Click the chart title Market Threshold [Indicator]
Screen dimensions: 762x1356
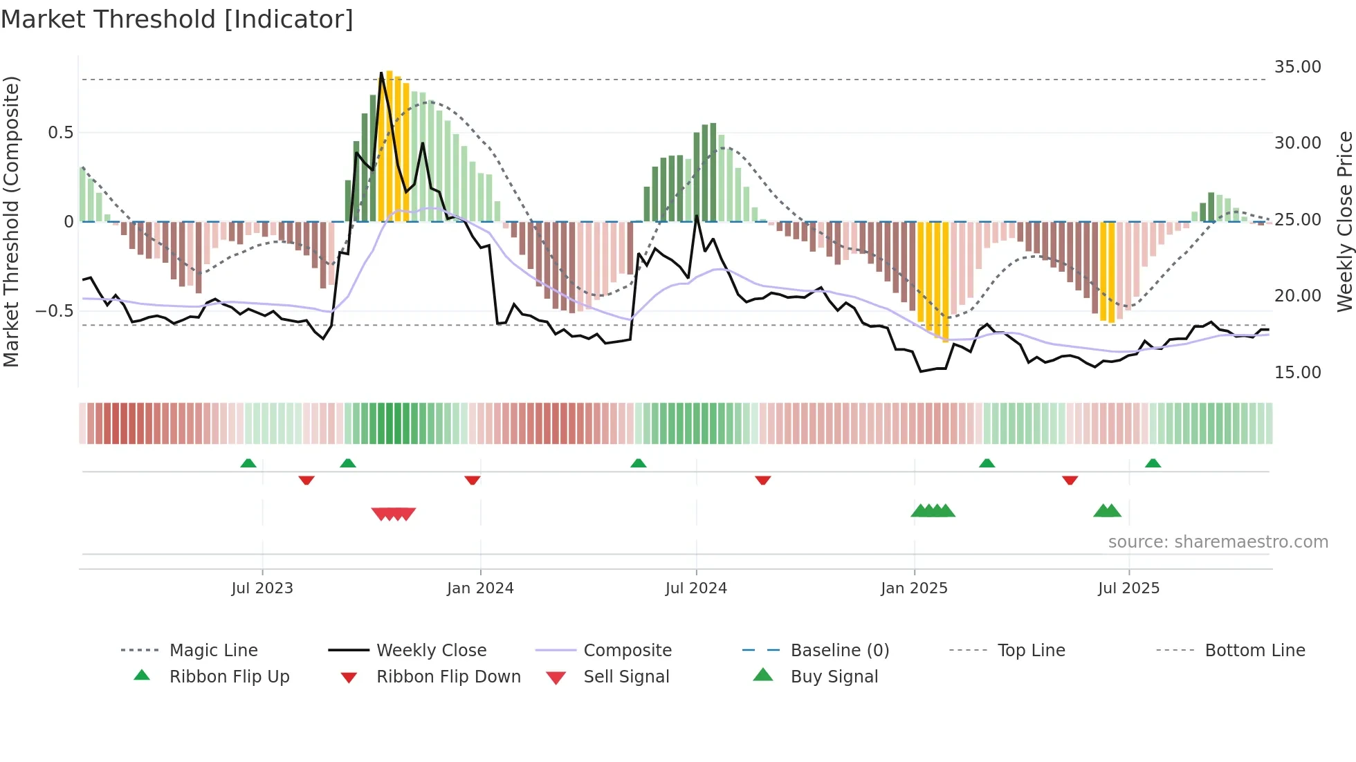(177, 19)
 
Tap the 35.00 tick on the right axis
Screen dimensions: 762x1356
(1297, 67)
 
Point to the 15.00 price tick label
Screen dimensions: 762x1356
(1297, 373)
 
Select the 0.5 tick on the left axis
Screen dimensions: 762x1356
(60, 133)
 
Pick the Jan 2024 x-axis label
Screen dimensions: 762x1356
(480, 588)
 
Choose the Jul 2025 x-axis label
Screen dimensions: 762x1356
(1128, 588)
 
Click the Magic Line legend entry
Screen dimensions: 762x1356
(213, 651)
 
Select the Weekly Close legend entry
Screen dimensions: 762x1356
(431, 651)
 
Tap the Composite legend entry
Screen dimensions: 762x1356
(627, 651)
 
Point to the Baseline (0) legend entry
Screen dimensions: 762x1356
(839, 651)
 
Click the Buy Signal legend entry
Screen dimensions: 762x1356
(834, 677)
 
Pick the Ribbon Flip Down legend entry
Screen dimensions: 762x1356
(448, 677)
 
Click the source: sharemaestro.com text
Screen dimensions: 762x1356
(1218, 542)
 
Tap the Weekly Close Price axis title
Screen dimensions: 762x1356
(1344, 221)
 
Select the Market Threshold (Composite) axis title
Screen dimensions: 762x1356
(11, 221)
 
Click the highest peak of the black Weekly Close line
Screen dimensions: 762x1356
(381, 73)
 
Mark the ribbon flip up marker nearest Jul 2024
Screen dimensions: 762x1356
(638, 463)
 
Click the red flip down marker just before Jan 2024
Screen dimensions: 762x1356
(473, 481)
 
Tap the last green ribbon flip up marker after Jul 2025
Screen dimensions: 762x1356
(1153, 463)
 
